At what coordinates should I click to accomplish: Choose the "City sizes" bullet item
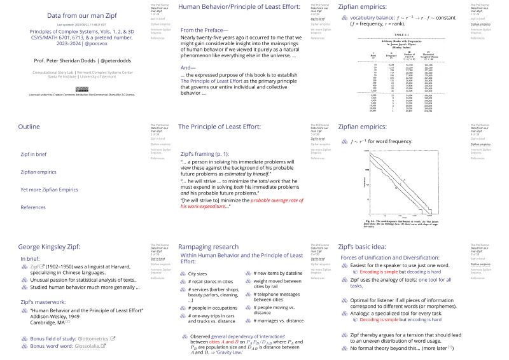click(x=200, y=273)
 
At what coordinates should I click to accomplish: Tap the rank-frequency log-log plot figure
click(x=405, y=184)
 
